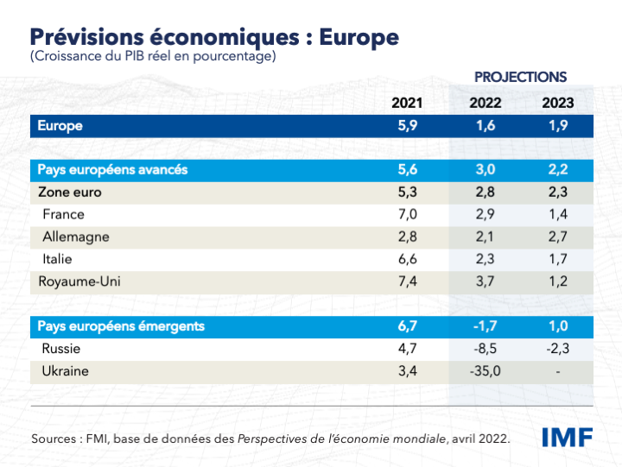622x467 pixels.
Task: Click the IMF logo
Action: [x=567, y=437]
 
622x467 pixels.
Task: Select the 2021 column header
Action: [x=407, y=104]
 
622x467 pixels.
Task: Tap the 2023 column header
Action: [x=558, y=104]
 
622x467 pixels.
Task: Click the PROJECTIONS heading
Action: [x=520, y=78]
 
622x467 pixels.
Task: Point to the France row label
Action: [x=63, y=214]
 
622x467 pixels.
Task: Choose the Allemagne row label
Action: [x=76, y=237]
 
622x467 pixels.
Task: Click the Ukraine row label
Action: [x=65, y=371]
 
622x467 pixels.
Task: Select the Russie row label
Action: [x=61, y=349]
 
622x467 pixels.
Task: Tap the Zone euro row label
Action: [x=70, y=192]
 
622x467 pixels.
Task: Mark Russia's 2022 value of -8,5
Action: [x=485, y=349]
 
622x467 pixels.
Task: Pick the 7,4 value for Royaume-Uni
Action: [x=407, y=281]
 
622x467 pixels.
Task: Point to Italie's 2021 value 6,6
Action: [x=407, y=259]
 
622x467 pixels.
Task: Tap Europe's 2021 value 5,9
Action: [x=407, y=126]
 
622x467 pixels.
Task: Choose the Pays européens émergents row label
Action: [x=121, y=326]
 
